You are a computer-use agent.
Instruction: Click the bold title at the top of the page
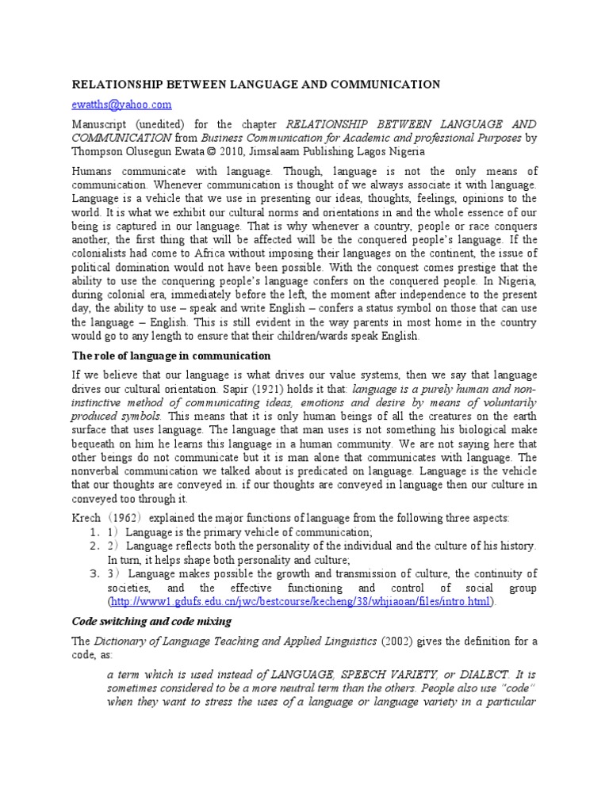[256, 84]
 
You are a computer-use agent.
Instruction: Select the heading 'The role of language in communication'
[171, 356]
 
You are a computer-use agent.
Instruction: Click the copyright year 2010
[219, 150]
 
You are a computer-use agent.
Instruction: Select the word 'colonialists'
[105, 253]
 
